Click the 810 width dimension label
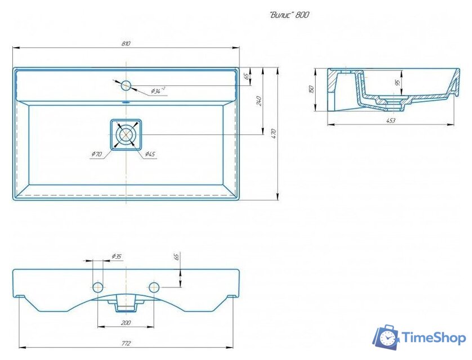tap(125, 43)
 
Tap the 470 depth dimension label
tap(274, 133)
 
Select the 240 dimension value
tap(259, 101)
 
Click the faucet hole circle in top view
tap(126, 85)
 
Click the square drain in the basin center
tap(126, 134)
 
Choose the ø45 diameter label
tap(150, 154)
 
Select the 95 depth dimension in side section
tap(398, 82)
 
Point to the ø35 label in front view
tap(116, 256)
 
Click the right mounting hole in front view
tap(154, 287)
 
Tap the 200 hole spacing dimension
tap(126, 323)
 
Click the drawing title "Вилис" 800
tap(289, 15)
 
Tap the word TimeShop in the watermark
tap(433, 338)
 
